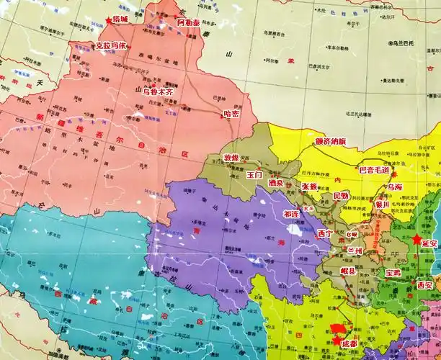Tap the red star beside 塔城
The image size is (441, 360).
(x=109, y=22)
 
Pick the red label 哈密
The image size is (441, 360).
(x=231, y=112)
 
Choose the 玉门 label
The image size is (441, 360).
(x=254, y=174)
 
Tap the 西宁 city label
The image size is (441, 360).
(x=326, y=233)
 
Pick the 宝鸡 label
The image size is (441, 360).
(x=393, y=273)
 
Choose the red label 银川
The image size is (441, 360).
(x=383, y=204)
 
